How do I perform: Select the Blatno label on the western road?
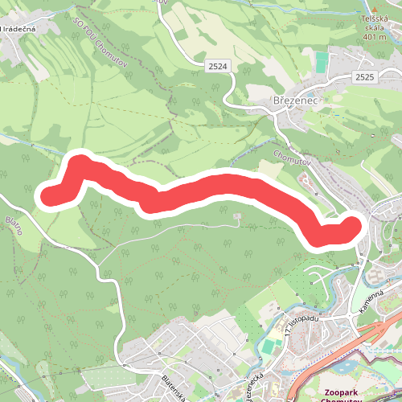tap(14, 224)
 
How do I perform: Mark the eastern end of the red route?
tap(352, 228)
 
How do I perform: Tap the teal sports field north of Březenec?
tap(322, 64)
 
